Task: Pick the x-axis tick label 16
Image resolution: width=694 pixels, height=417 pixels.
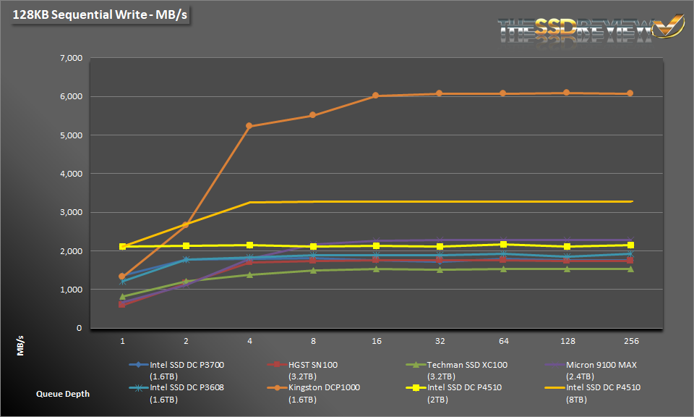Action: pos(376,340)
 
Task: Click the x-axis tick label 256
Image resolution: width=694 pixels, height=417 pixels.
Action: pos(630,340)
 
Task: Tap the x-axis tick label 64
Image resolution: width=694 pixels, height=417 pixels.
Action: pos(503,340)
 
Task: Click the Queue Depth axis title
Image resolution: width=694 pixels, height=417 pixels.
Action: pos(64,394)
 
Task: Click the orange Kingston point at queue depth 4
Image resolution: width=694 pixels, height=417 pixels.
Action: pos(249,126)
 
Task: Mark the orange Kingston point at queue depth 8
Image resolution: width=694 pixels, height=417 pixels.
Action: pos(313,115)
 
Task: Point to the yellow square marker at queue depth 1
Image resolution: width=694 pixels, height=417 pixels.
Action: pos(122,247)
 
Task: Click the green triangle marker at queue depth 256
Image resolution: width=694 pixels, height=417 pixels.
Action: pos(630,269)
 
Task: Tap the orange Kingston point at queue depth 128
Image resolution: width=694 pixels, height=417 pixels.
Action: pos(566,93)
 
